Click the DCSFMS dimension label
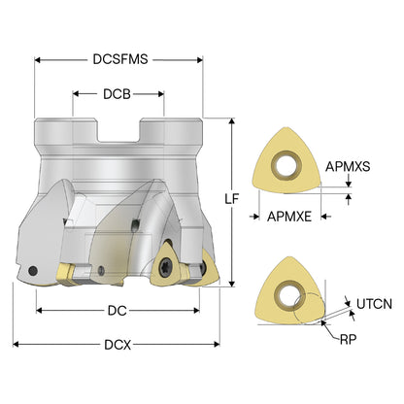click(120, 59)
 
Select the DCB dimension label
click(117, 94)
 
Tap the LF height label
click(231, 199)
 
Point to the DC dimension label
click(117, 311)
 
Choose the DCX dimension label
click(118, 345)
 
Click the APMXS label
click(348, 167)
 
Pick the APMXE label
click(289, 217)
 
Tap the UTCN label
click(374, 304)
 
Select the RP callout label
click(348, 339)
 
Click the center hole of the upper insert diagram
click(286, 166)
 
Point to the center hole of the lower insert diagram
click(287, 295)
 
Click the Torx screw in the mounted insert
click(164, 268)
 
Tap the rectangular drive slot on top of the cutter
click(118, 131)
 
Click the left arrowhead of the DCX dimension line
click(16, 345)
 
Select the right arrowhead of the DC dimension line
click(196, 311)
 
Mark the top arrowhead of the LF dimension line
click(232, 121)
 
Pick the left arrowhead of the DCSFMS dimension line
click(37, 60)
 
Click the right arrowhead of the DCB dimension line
click(161, 94)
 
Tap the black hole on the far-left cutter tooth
click(33, 270)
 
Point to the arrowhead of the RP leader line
click(322, 322)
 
